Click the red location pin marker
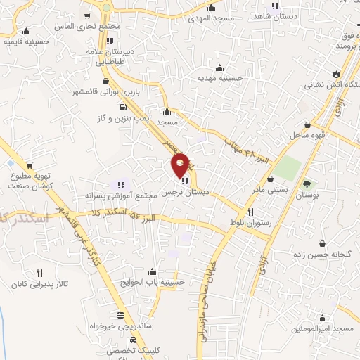point(181,165)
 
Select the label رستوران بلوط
point(251,222)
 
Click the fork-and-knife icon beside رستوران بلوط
point(251,212)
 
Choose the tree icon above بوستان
point(307,184)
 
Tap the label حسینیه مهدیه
point(219,79)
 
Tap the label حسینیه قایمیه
point(26,41)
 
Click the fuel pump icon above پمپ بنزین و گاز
point(124,108)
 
